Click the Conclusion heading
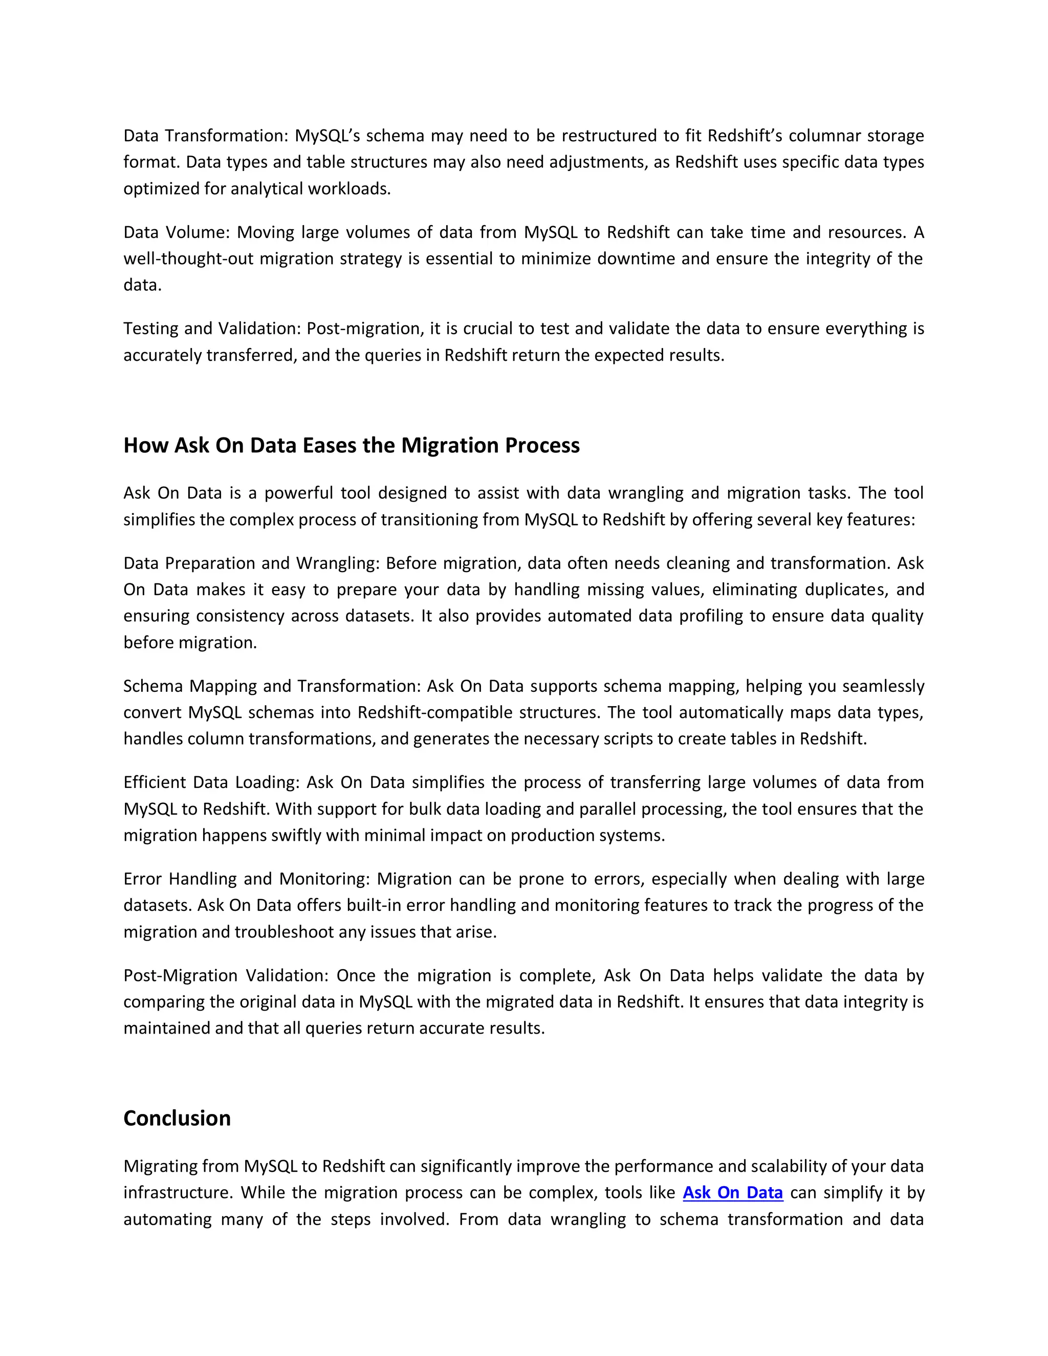[x=177, y=1118]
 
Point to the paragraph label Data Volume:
[x=177, y=232]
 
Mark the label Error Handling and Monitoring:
[x=247, y=879]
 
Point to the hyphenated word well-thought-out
[x=188, y=258]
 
